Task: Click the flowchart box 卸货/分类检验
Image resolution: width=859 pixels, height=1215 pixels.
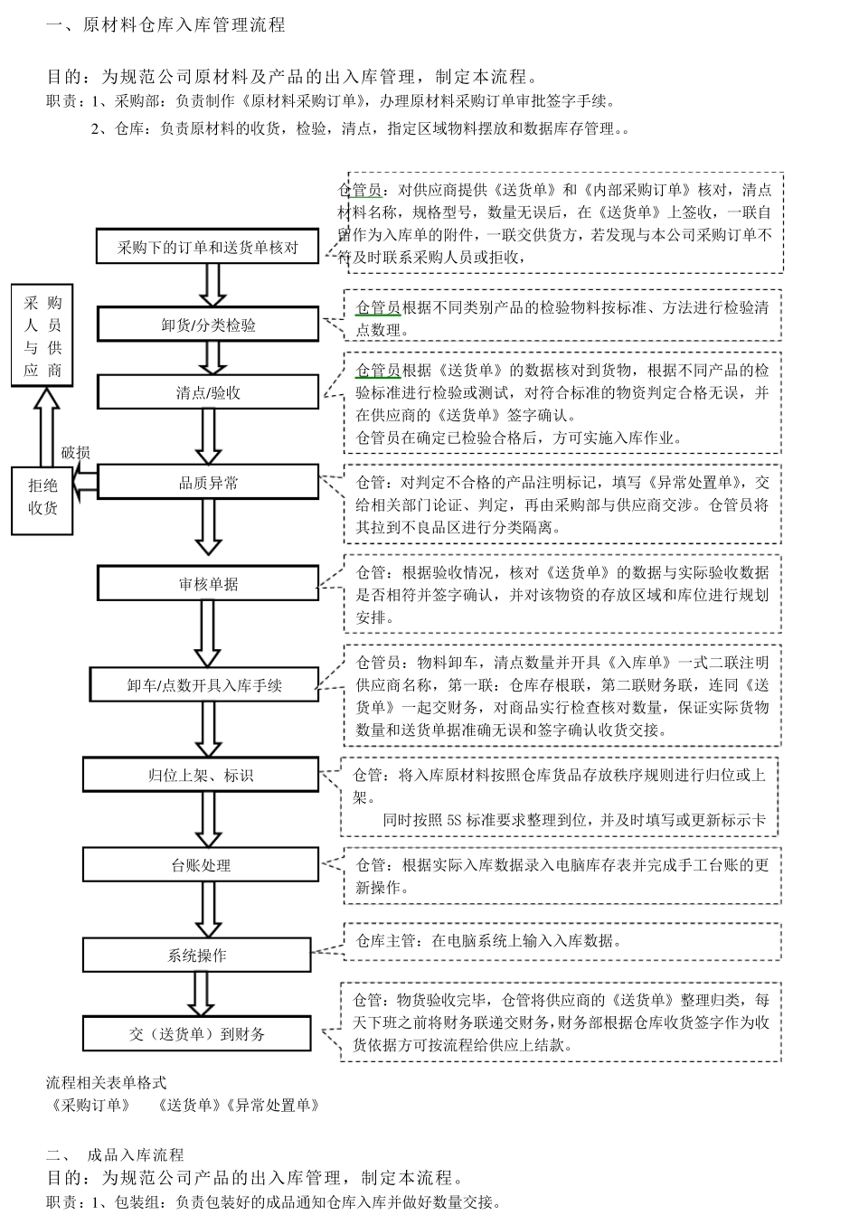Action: tap(208, 325)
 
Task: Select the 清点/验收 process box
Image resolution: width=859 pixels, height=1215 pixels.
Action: tap(208, 392)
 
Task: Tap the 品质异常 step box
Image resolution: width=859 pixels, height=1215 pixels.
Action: tap(208, 483)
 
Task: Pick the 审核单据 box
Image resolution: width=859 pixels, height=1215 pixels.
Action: tap(208, 583)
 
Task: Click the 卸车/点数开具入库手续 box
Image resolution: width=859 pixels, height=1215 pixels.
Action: tap(204, 684)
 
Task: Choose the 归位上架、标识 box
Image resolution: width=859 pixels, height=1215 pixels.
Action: tap(201, 775)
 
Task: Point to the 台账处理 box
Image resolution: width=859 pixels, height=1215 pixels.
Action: tap(201, 865)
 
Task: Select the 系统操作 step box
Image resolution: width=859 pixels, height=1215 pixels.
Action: tap(197, 955)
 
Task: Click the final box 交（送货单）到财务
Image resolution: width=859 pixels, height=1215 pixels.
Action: tap(197, 1033)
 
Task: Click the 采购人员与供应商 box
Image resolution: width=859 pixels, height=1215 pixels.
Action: tap(42, 335)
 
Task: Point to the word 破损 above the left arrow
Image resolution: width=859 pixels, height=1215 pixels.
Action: tap(75, 453)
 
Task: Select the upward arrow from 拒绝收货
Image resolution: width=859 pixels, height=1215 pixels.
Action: tap(42, 426)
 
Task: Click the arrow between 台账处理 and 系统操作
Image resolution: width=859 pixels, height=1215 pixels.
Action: tap(208, 909)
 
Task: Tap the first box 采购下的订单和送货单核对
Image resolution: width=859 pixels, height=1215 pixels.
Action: tap(208, 247)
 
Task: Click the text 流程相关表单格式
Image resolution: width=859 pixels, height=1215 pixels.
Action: tap(106, 1082)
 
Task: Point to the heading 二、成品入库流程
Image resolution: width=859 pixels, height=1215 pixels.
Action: tap(115, 1154)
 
